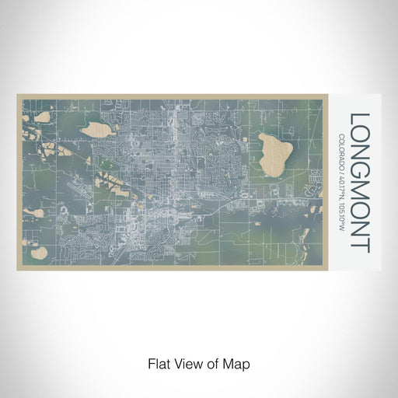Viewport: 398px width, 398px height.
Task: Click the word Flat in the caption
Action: coord(157,362)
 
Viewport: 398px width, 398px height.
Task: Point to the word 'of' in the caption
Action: coord(215,362)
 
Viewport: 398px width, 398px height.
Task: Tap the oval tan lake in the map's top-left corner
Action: coord(41,116)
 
